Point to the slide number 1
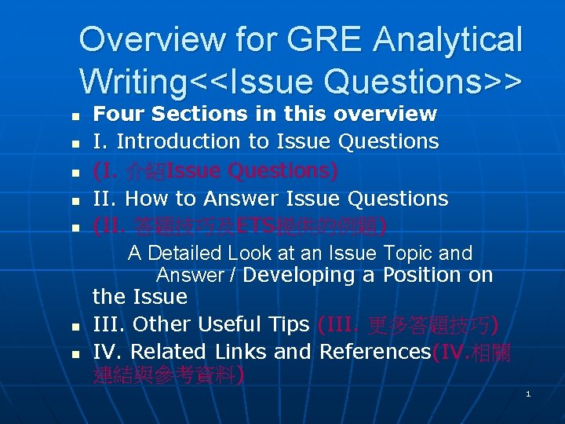pos(528,393)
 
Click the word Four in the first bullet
pos(119,114)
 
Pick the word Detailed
pos(188,254)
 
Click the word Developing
pos(300,276)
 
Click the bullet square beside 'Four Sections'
pos(75,116)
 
